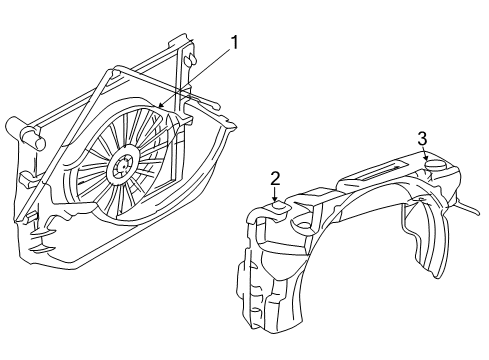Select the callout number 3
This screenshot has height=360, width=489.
coord(423,138)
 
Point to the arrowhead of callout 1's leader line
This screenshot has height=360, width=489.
coord(160,106)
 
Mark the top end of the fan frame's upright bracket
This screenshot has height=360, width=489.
coord(184,40)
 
